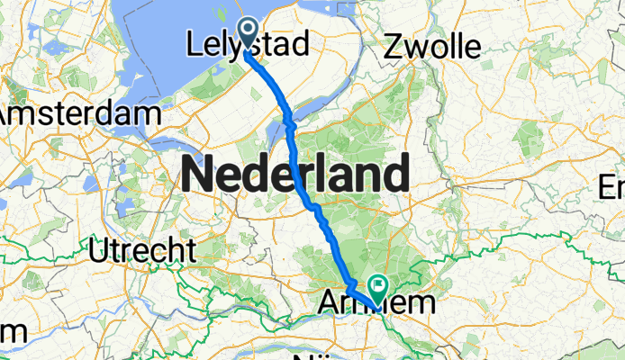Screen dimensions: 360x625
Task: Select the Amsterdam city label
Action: click(79, 114)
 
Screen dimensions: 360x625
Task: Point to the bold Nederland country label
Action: click(295, 173)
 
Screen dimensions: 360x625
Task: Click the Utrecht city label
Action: click(144, 247)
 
